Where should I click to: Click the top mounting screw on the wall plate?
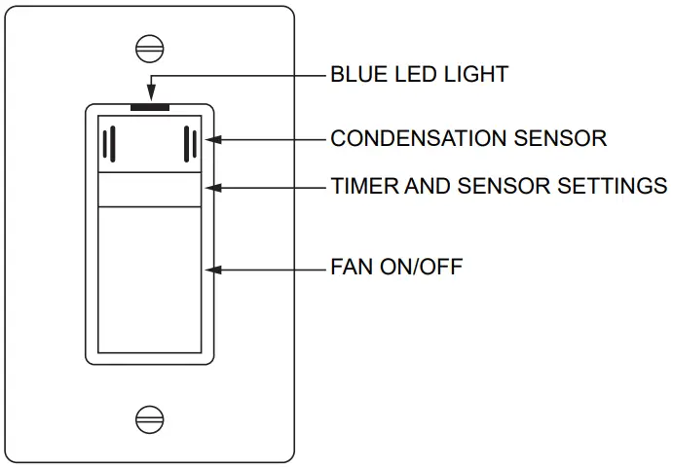[149, 49]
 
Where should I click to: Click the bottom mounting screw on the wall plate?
[149, 418]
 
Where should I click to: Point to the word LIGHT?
[477, 74]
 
